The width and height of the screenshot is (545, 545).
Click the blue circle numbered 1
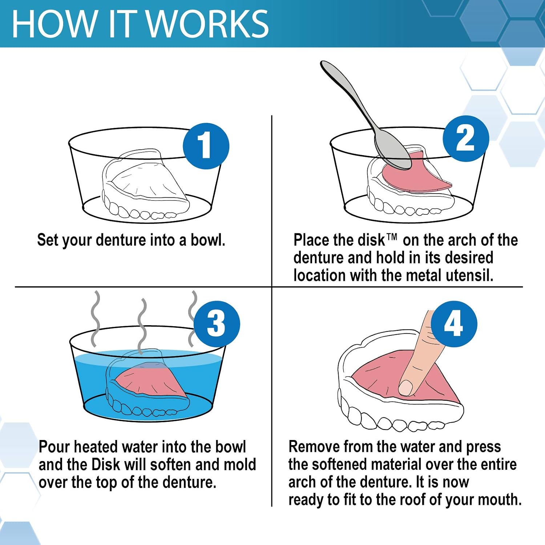pos(206,146)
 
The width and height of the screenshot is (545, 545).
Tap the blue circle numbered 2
pos(466,138)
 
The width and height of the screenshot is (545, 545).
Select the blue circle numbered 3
pos(217,324)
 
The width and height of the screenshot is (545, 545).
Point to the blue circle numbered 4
pos(454,324)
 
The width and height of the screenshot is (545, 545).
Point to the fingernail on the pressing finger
pos(406,388)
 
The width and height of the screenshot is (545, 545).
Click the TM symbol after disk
pos(392,237)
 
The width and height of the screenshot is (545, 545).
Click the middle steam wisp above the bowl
pos(142,326)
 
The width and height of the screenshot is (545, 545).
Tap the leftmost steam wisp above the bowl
pos(95,319)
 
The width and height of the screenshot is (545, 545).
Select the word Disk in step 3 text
pos(106,465)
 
